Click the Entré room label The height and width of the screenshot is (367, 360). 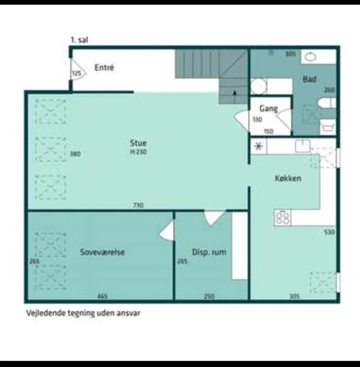[x=104, y=67]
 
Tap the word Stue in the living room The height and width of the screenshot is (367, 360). [x=138, y=143]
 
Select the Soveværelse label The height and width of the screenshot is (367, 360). [x=102, y=252]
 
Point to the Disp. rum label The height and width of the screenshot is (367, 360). [x=209, y=252]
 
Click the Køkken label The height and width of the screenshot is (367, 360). [x=288, y=178]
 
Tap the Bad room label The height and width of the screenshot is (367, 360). [x=310, y=80]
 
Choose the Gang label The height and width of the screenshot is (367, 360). [x=268, y=109]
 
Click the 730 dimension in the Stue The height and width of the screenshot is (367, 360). [x=138, y=205]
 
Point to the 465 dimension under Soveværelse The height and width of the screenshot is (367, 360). [x=102, y=297]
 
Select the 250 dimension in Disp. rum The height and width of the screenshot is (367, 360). [x=209, y=297]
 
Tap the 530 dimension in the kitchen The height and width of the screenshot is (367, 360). [x=329, y=232]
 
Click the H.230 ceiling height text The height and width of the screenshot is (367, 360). [x=138, y=152]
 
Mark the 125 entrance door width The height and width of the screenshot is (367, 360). [x=76, y=73]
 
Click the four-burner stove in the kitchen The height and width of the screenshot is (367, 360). [x=283, y=218]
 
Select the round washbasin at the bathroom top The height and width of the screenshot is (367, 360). [x=310, y=57]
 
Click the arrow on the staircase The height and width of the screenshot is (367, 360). [x=235, y=93]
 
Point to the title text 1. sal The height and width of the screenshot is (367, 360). [x=79, y=41]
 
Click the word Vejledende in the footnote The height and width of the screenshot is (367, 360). [x=46, y=313]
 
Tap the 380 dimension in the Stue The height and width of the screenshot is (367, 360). [x=75, y=154]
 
